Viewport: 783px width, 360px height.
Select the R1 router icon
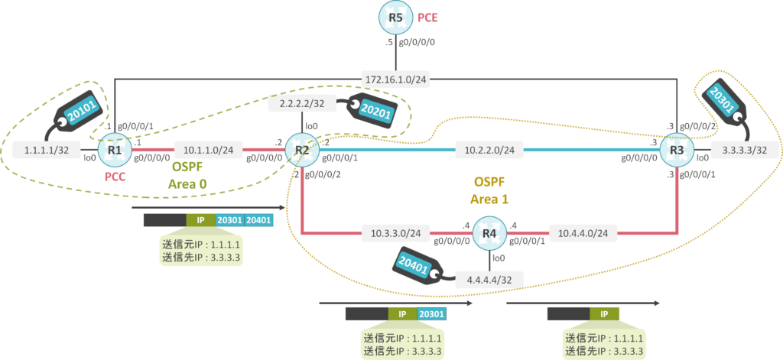point(115,150)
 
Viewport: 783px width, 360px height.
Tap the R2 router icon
point(302,150)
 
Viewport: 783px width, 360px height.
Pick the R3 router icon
point(676,150)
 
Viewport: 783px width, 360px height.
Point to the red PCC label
point(115,177)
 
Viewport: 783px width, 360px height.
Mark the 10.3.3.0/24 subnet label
point(395,232)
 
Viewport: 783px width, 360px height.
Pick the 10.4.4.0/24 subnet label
point(583,232)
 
